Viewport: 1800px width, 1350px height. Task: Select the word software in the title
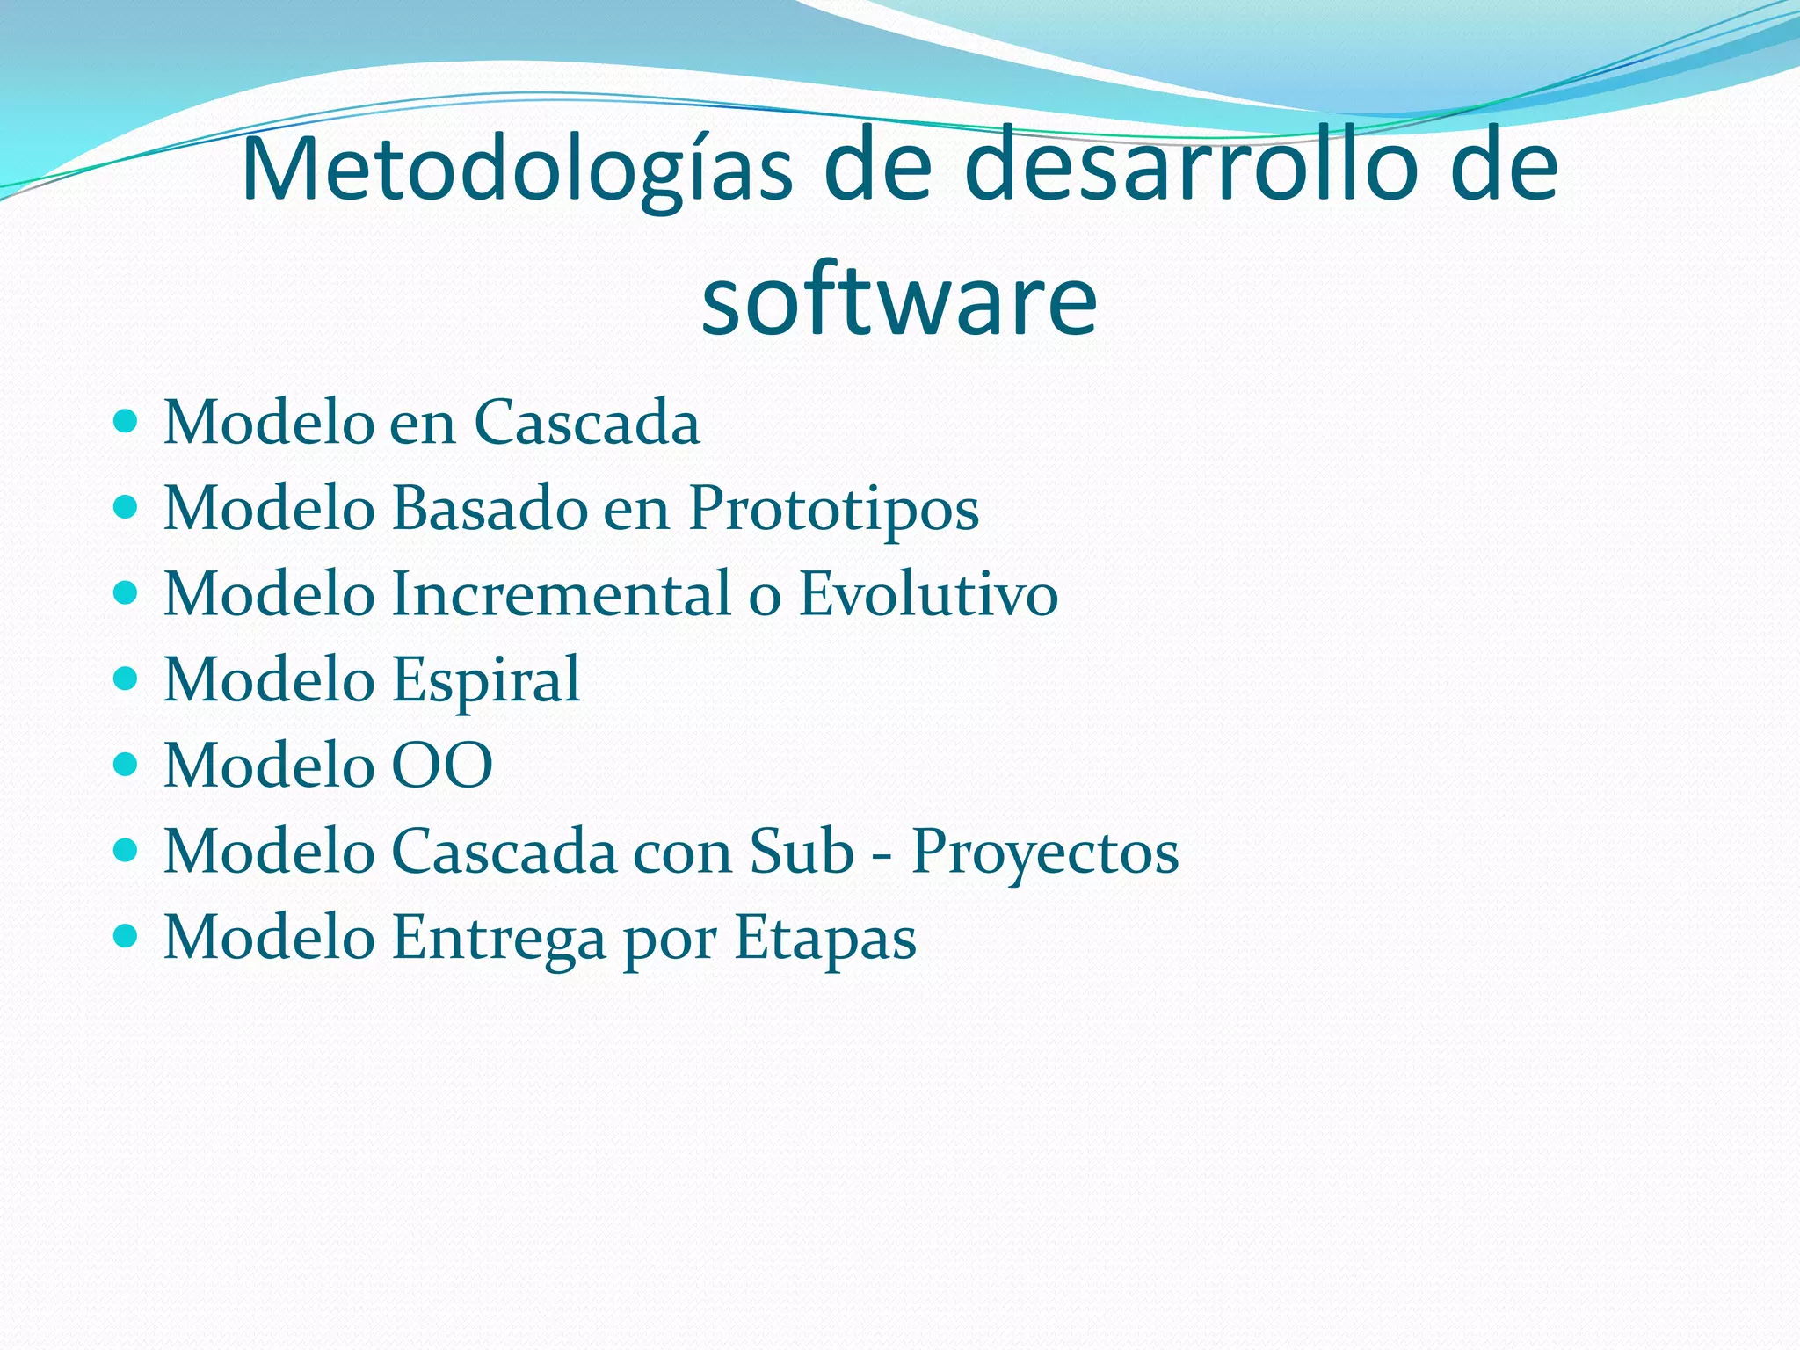tap(899, 301)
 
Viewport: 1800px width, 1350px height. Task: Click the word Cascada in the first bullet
tap(586, 423)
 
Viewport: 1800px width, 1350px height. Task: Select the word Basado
tap(489, 508)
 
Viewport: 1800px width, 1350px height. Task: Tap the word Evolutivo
tap(928, 593)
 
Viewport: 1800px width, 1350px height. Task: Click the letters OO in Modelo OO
tap(441, 765)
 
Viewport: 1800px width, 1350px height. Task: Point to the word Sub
tap(802, 851)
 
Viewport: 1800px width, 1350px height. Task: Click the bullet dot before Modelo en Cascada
tap(127, 422)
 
